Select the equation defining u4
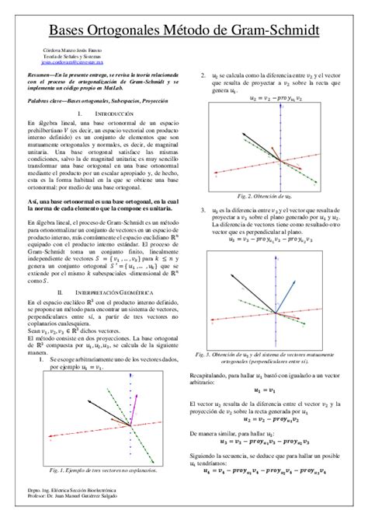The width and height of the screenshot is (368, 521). click(x=270, y=470)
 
